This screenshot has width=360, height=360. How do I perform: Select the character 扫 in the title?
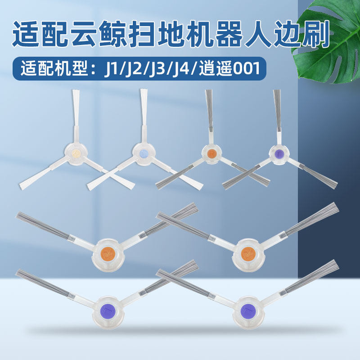coord(142,34)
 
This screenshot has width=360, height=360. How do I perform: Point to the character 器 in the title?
coord(229,34)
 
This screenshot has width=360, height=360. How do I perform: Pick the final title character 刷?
coord(316,34)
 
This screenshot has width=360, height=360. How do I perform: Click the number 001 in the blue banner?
coord(246,68)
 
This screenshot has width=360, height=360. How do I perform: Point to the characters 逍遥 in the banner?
coord(216,68)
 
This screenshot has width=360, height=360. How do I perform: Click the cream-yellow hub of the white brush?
coord(76,153)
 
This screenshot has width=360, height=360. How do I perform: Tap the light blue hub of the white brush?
coord(144,153)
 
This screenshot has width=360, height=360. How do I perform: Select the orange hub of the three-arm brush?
coord(211,153)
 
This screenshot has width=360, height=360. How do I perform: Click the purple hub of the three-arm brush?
coord(279,153)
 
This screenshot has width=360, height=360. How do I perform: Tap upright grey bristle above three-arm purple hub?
coord(277,110)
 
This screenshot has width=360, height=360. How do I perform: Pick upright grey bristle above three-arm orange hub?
coord(209,110)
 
